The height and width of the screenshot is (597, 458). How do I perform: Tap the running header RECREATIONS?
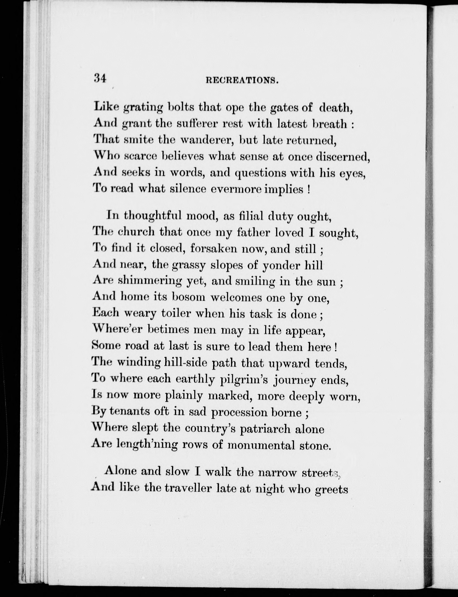pyautogui.click(x=242, y=80)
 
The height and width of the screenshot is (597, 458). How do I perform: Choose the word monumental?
pyautogui.click(x=261, y=445)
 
